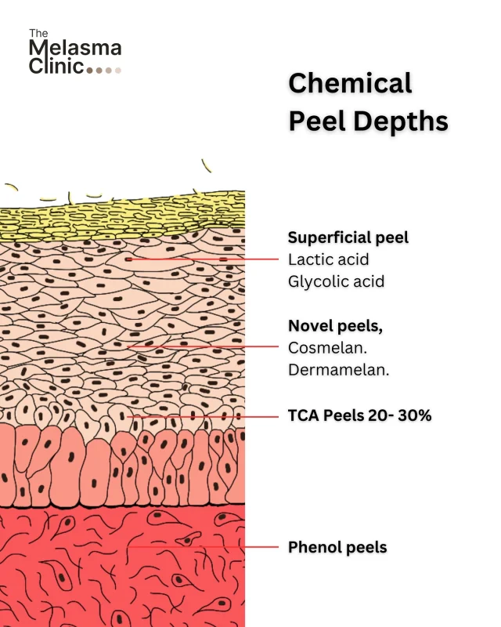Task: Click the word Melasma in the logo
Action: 75,48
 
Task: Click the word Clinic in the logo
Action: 56,66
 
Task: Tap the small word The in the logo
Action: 38,33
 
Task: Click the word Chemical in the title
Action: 350,83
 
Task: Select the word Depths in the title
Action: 401,121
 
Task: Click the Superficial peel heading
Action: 348,237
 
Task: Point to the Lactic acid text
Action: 329,259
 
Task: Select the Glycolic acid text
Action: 336,281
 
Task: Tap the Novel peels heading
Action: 335,326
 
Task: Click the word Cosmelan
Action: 327,348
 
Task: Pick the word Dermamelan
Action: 338,370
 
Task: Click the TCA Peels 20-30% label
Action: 359,415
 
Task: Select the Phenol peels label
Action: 337,547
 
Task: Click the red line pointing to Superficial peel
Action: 202,259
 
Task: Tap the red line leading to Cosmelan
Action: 202,346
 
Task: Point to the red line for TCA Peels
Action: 202,417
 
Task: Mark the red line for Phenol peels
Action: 202,546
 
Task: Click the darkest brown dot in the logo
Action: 90,71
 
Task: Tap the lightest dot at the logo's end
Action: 118,71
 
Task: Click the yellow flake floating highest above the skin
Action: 206,165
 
